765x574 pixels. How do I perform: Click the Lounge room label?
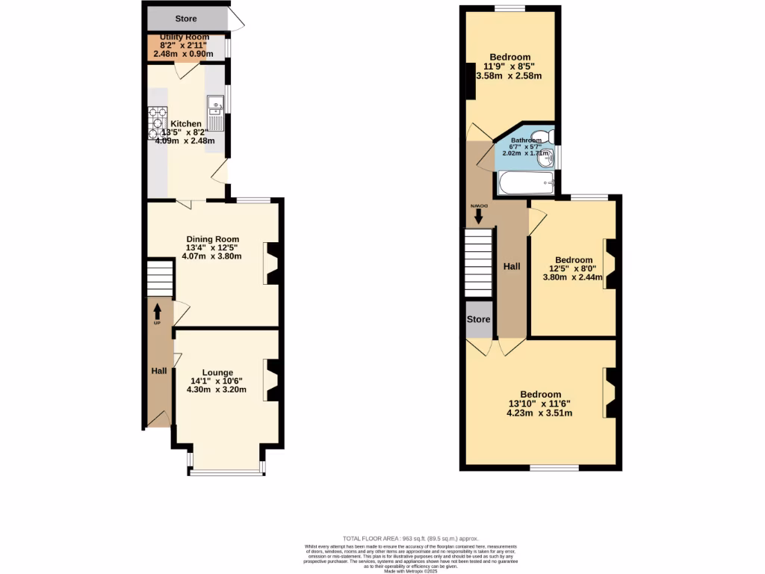point(217,372)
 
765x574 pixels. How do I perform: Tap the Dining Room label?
point(213,239)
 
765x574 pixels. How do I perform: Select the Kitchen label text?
point(185,123)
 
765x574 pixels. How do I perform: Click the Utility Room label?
point(184,37)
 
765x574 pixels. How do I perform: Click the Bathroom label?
point(526,140)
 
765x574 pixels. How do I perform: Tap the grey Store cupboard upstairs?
point(479,319)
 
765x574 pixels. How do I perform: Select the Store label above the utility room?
point(186,18)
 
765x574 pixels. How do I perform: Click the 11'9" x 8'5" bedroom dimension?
point(510,66)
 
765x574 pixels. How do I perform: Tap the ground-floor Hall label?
point(159,371)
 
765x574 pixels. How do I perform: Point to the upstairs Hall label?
point(511,266)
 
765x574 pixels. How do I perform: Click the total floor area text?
point(410,538)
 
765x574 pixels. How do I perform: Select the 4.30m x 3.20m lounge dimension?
point(217,390)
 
